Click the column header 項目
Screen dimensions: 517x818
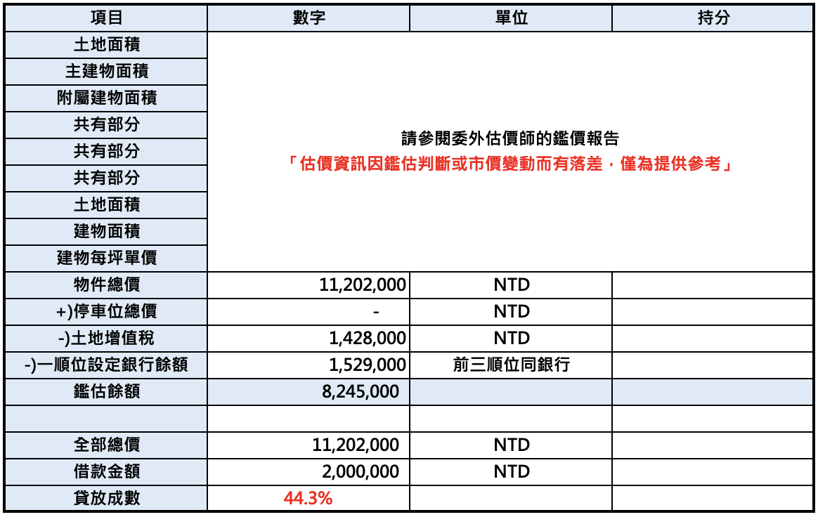[x=107, y=18]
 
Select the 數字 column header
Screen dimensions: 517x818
[x=309, y=18]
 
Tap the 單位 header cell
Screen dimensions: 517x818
[x=512, y=18]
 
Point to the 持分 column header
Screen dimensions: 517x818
[x=713, y=18]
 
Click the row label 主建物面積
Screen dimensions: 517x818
[x=107, y=72]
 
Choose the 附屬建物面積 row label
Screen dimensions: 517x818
[x=107, y=98]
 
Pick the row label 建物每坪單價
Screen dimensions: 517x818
[x=107, y=258]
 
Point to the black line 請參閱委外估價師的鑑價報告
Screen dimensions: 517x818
[x=511, y=138]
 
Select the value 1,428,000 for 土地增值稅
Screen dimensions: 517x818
[x=368, y=339]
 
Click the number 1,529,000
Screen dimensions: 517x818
[x=368, y=365]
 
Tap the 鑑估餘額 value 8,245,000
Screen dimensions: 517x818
[x=361, y=391]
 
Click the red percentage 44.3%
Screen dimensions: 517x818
[x=308, y=499]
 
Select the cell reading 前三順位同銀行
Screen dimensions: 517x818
[x=512, y=365]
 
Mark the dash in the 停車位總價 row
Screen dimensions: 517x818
[x=377, y=312]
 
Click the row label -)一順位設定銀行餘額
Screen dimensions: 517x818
[x=107, y=365]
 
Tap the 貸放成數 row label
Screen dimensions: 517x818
[x=107, y=498]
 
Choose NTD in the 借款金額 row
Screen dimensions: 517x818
[x=512, y=471]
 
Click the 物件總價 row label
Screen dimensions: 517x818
[x=107, y=285]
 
